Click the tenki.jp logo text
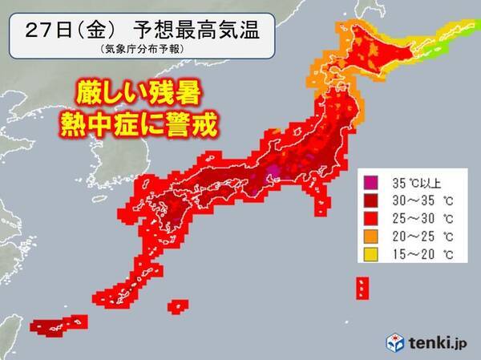pyautogui.click(x=440, y=342)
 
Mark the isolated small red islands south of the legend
pyautogui.click(x=362, y=286)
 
